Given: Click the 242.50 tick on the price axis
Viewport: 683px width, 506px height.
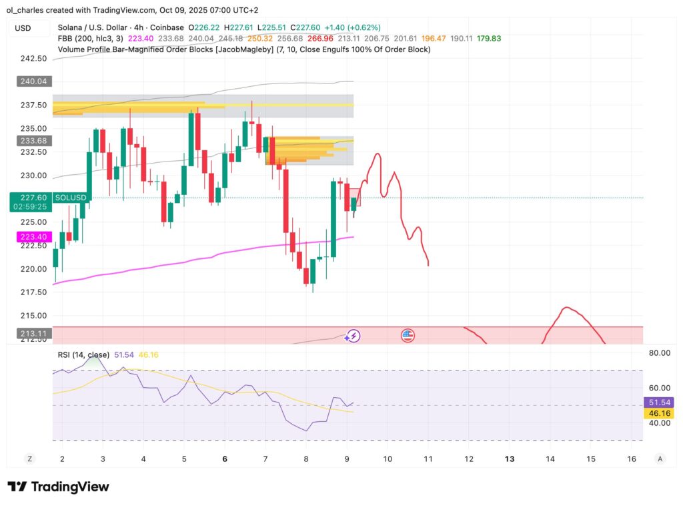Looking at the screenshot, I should click(x=33, y=59).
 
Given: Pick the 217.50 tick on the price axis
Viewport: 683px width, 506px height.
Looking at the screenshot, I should click(x=33, y=292).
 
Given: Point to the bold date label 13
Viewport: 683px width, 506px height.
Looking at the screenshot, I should click(x=510, y=459).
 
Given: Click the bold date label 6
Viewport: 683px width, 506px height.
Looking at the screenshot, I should click(x=225, y=459).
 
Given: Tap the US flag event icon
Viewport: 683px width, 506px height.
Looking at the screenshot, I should click(x=408, y=336).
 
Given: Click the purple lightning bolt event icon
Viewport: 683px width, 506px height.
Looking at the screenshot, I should click(x=353, y=336).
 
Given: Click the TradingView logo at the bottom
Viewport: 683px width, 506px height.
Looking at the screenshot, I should click(x=58, y=487).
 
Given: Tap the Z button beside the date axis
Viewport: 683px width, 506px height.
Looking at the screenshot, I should click(x=29, y=459).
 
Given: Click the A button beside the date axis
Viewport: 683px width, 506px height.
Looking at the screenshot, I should click(x=660, y=459).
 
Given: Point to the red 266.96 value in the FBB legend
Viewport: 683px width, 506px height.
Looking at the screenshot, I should click(x=320, y=39).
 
